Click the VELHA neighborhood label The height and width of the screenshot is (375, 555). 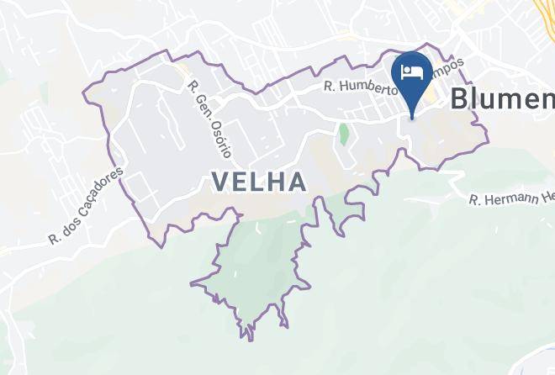[258, 181]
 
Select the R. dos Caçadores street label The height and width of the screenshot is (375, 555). [87, 205]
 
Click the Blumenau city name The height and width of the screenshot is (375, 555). [502, 98]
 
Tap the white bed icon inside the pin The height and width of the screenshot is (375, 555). [412, 71]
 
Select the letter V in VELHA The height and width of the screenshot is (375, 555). [221, 181]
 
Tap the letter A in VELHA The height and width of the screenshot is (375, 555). [295, 181]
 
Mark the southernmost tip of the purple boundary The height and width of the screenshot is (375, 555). [251, 339]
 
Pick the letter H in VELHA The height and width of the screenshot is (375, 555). [276, 181]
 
